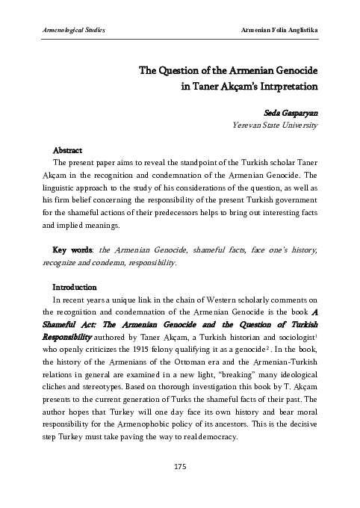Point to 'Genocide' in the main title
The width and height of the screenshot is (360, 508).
point(291,70)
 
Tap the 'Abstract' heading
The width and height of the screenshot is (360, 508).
point(67,150)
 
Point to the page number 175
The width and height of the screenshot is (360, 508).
point(179,466)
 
